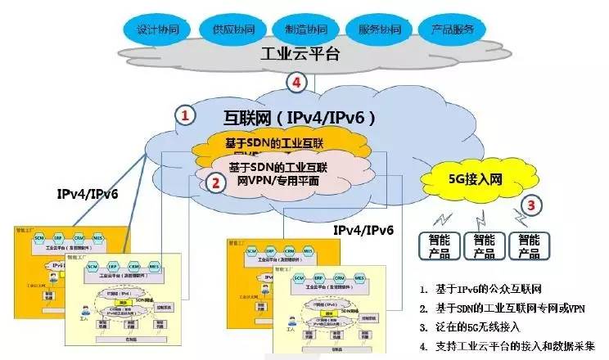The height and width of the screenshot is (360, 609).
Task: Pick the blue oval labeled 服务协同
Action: tap(379, 29)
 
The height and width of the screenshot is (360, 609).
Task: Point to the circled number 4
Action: tap(298, 83)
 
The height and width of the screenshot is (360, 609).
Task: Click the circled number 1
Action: tap(186, 116)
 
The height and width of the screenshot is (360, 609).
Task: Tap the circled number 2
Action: tap(215, 183)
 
